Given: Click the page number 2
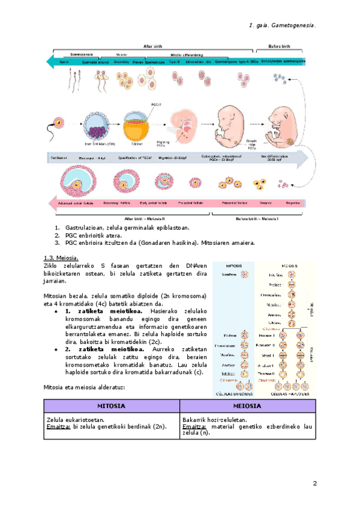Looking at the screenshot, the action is pyautogui.click(x=314, y=483).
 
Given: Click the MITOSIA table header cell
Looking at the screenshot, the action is pyautogui.click(x=111, y=406).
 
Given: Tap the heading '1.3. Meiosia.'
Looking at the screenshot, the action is pyautogui.click(x=61, y=258).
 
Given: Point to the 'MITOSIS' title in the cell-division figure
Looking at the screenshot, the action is pyautogui.click(x=235, y=265).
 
